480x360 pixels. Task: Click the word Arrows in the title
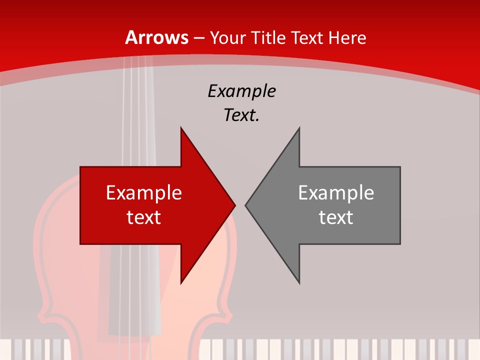(x=157, y=37)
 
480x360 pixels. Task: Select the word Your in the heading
(x=226, y=37)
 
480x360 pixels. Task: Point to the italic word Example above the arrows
(x=241, y=91)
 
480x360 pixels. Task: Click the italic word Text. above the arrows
(x=241, y=115)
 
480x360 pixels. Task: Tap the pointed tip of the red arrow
(x=234, y=205)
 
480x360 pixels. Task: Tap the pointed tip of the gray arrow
(x=246, y=205)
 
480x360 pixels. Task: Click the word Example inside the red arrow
(x=144, y=193)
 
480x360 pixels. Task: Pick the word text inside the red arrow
(x=144, y=217)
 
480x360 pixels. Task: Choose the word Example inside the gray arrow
(x=336, y=193)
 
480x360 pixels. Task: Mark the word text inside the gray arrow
(x=336, y=217)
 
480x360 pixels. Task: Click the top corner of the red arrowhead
(x=181, y=129)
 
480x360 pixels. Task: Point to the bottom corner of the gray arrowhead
(x=299, y=282)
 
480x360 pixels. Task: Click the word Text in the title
(x=308, y=37)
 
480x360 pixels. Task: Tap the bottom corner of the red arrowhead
(x=181, y=282)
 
